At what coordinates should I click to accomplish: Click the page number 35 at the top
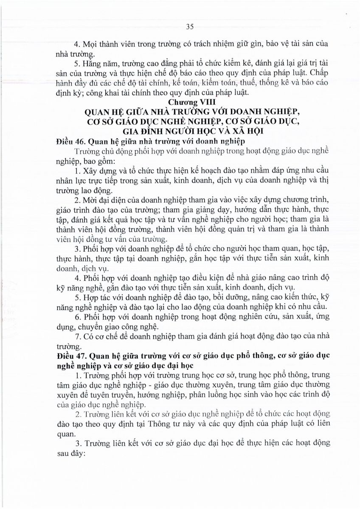[190, 27]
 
